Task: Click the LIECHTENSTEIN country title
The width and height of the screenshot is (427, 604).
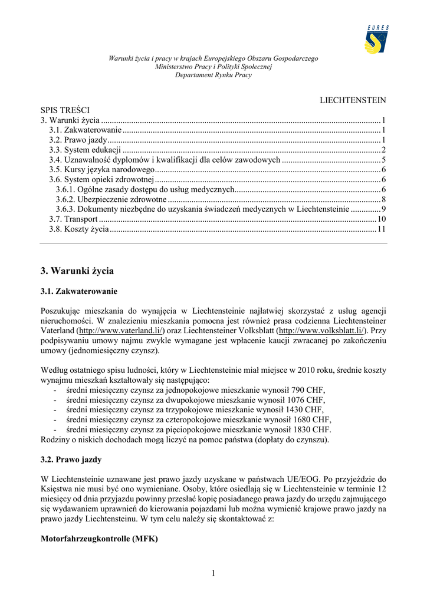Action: tap(353, 100)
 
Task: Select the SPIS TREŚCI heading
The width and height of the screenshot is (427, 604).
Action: tap(65, 110)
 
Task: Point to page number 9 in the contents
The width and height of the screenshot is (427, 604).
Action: tap(383, 209)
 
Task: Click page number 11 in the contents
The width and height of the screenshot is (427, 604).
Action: tap(382, 229)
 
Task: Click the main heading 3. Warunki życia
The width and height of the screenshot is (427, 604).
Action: tap(77, 271)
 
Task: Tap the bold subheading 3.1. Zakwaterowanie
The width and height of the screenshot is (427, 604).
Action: tap(79, 291)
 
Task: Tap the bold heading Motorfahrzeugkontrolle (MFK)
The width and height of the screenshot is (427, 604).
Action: tap(99, 539)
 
